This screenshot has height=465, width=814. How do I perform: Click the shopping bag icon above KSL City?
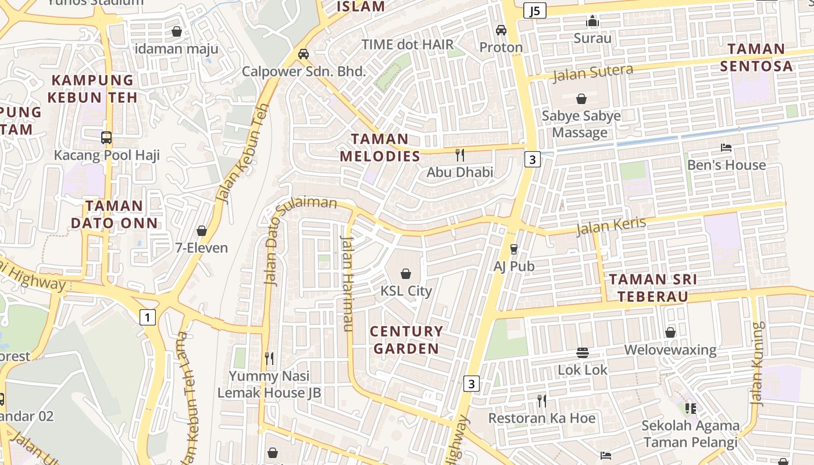pyautogui.click(x=406, y=273)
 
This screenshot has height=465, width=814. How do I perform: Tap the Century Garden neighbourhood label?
pyautogui.click(x=406, y=340)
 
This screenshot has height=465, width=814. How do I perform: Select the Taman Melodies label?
pyautogui.click(x=380, y=148)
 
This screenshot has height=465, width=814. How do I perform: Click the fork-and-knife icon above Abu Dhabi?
pyautogui.click(x=460, y=155)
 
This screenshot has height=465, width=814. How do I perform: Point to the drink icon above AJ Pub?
pyautogui.click(x=513, y=249)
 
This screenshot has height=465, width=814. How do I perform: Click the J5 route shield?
pyautogui.click(x=534, y=10)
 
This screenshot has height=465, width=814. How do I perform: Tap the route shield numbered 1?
pyautogui.click(x=148, y=317)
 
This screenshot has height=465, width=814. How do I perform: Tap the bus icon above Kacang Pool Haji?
pyautogui.click(x=106, y=138)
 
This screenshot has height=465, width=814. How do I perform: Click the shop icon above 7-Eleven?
pyautogui.click(x=202, y=231)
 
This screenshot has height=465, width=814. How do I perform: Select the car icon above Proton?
pyautogui.click(x=501, y=30)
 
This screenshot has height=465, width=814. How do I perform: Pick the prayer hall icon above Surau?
pyautogui.click(x=592, y=22)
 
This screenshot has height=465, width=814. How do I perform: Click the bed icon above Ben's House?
pyautogui.click(x=726, y=148)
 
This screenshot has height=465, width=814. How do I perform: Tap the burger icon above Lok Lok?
pyautogui.click(x=583, y=353)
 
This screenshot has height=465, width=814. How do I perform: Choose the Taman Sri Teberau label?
pyautogui.click(x=652, y=288)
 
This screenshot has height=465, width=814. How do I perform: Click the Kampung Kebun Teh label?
pyautogui.click(x=92, y=88)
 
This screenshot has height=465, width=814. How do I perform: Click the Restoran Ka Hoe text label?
pyautogui.click(x=541, y=419)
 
